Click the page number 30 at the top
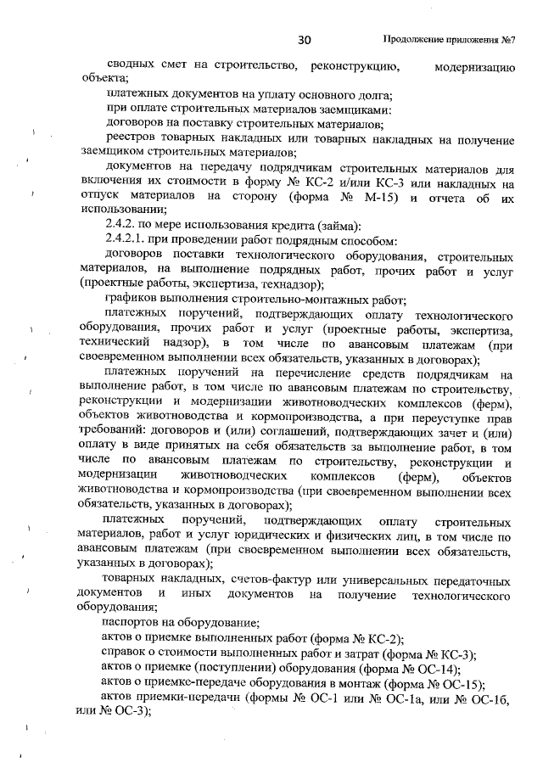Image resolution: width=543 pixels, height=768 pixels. [x=306, y=40]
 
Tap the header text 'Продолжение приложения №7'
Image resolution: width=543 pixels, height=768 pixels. [x=451, y=40]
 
